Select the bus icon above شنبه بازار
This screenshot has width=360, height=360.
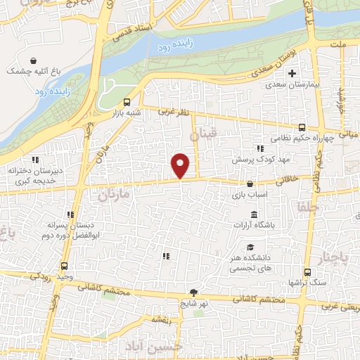coord(127,101)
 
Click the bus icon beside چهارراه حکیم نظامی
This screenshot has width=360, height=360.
coord(302,127)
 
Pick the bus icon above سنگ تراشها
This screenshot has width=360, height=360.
coord(307,271)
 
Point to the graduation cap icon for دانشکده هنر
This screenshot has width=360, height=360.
coord(250,247)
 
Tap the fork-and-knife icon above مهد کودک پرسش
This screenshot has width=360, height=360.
coord(259,148)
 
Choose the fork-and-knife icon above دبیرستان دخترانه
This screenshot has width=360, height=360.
coord(34,161)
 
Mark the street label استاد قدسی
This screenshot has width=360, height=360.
coord(135,32)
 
